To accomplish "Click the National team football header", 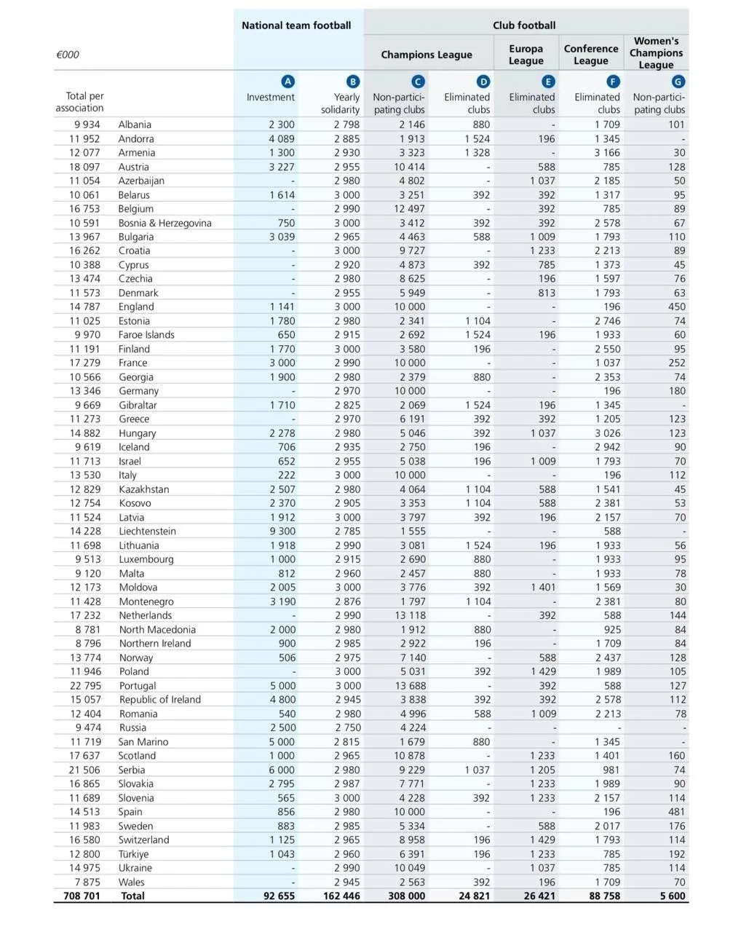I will [x=296, y=25].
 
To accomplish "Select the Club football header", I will [x=524, y=25].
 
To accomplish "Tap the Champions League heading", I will [x=427, y=55].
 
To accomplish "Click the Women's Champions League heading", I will [x=656, y=53].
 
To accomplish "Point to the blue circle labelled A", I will [x=288, y=82].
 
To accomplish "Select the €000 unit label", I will [x=68, y=55].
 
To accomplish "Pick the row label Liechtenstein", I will [x=148, y=532].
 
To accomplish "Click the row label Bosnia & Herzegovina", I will [x=165, y=223].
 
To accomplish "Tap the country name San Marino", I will [x=143, y=742].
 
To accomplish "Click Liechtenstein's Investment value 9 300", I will [x=282, y=532].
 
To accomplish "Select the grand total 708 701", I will [x=82, y=896].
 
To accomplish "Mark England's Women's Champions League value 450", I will [x=677, y=307].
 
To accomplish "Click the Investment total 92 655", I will [x=280, y=896].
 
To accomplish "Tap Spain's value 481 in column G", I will [x=677, y=812].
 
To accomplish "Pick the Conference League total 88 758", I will [x=605, y=896].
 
